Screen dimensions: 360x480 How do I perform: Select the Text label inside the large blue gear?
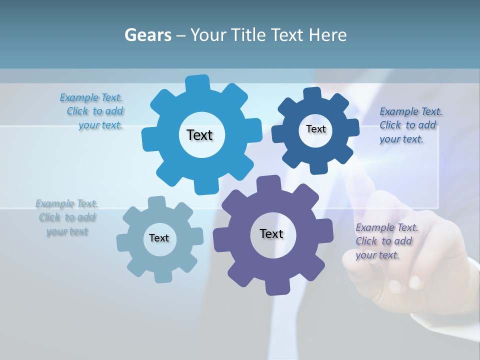click(199, 135)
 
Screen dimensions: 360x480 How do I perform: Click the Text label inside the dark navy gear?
click(315, 129)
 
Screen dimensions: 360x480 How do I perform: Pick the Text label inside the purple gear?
click(271, 233)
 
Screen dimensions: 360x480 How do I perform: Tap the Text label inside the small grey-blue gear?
click(159, 238)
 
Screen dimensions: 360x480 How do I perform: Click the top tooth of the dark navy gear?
click(312, 93)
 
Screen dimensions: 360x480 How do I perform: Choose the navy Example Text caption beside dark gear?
click(409, 125)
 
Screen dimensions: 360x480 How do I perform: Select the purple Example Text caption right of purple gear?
click(385, 241)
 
